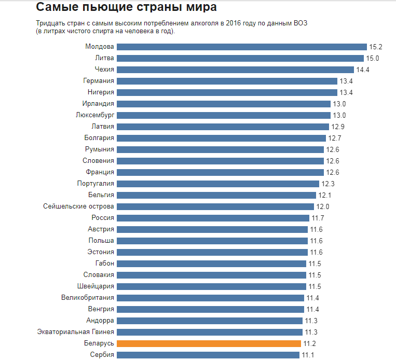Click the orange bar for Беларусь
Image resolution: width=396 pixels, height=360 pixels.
click(209, 343)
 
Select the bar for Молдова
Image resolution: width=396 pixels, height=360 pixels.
click(242, 47)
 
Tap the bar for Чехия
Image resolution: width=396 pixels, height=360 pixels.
click(236, 70)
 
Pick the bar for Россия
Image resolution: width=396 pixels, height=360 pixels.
click(213, 218)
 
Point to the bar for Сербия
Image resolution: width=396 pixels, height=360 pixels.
click(208, 355)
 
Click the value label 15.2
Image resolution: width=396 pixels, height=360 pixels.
click(376, 47)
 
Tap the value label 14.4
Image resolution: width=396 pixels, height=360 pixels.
click(363, 70)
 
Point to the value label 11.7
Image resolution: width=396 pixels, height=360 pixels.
click(318, 218)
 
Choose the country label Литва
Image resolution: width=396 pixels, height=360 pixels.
click(104, 58)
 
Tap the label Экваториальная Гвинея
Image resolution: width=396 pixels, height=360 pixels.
click(76, 332)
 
